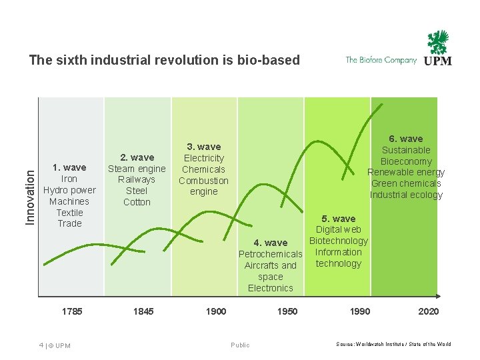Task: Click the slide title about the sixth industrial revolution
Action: click(x=164, y=60)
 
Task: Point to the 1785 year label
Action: click(x=71, y=311)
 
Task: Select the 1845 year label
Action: click(x=143, y=311)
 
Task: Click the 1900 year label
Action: click(x=215, y=311)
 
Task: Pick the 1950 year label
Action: click(x=287, y=311)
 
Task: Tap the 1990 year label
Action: click(x=359, y=311)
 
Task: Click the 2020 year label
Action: click(x=428, y=311)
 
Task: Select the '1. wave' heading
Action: click(x=69, y=167)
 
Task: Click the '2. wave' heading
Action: click(x=137, y=157)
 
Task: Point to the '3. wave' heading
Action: click(x=203, y=147)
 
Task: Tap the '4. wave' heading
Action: click(x=270, y=243)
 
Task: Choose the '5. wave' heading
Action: click(x=339, y=219)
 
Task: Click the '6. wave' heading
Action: click(x=406, y=139)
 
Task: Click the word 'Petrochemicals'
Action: click(x=270, y=254)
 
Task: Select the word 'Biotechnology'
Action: click(x=339, y=241)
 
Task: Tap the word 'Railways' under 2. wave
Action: click(x=137, y=179)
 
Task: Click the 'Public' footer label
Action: click(x=240, y=345)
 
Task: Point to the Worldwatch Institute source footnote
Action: click(x=393, y=344)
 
